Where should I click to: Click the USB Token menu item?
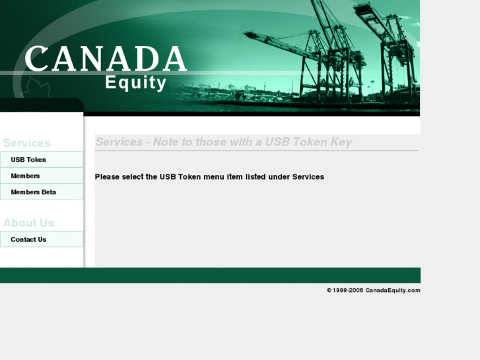tap(28, 160)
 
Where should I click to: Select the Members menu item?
tap(25, 176)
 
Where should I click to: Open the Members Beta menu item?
tap(33, 192)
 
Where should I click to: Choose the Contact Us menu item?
tap(28, 239)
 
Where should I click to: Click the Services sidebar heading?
tap(27, 143)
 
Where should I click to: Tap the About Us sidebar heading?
tap(28, 223)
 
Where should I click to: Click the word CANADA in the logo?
tap(106, 59)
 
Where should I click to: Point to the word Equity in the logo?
tap(136, 83)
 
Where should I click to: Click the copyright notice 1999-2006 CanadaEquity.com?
tap(374, 290)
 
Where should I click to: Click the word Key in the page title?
tap(341, 142)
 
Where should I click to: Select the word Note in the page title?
tap(166, 142)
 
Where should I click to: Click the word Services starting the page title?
tap(120, 142)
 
